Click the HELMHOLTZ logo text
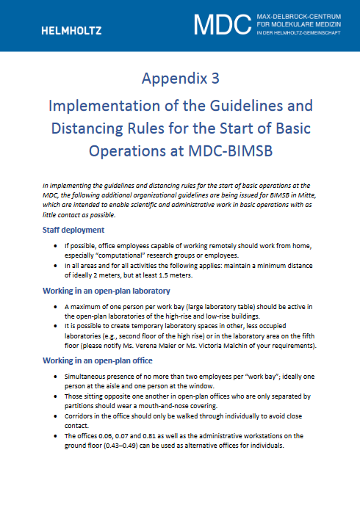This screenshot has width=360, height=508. pyautogui.click(x=72, y=30)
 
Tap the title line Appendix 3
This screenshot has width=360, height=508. pyautogui.click(x=180, y=78)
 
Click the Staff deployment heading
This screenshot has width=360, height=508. pyautogui.click(x=73, y=230)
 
